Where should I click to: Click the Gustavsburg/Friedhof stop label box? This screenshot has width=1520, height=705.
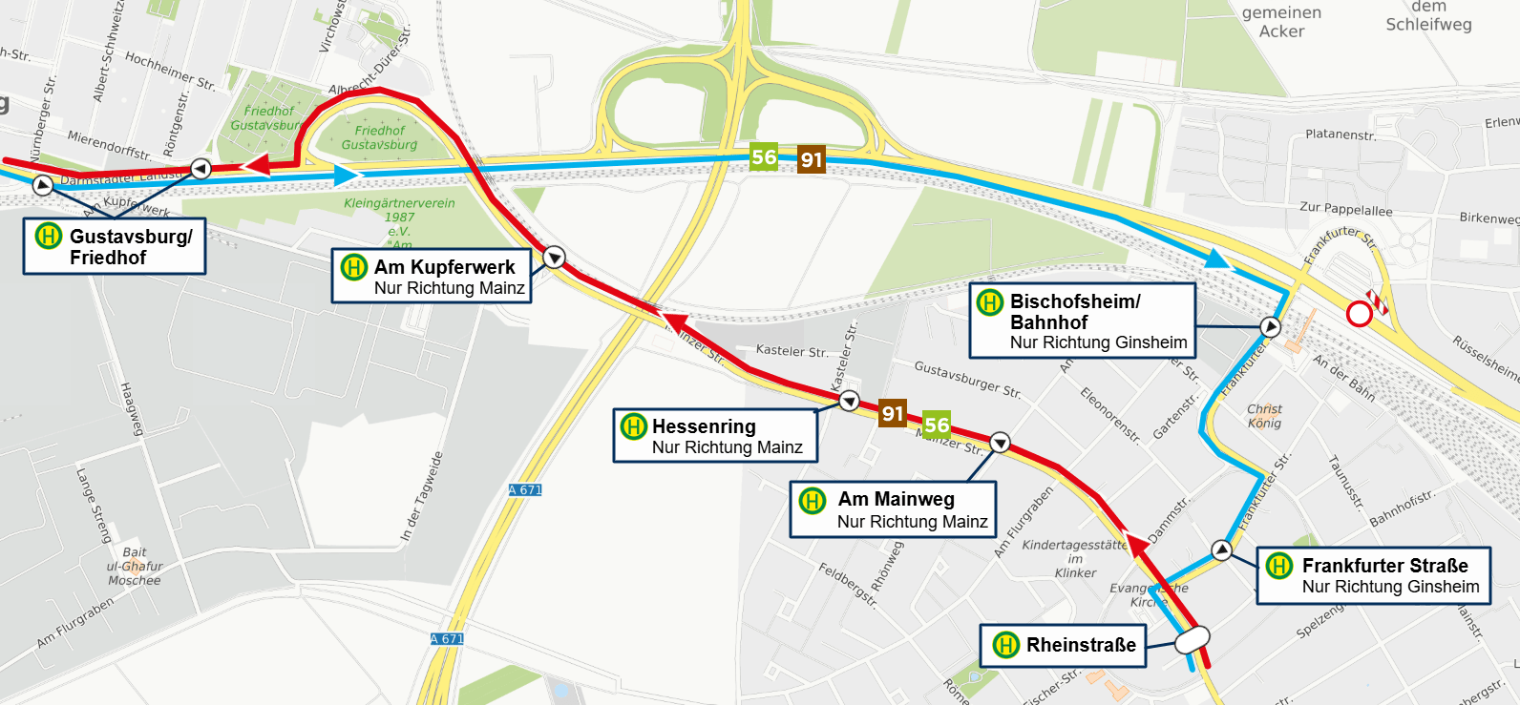[115, 247]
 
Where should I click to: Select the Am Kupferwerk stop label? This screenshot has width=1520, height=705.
[432, 277]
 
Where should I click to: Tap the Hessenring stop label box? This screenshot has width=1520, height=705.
[715, 436]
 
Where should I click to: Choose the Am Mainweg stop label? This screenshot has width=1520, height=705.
[893, 510]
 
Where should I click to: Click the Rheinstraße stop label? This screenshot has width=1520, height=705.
[1063, 646]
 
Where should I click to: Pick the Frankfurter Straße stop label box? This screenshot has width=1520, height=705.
[1373, 575]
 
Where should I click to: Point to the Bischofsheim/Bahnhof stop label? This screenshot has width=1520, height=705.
[1083, 321]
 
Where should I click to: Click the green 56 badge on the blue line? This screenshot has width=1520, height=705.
[764, 157]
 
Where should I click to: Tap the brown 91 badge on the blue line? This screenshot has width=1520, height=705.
[812, 159]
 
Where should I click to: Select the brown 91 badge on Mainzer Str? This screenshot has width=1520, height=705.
[893, 413]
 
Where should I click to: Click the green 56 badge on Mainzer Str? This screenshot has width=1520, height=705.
[937, 425]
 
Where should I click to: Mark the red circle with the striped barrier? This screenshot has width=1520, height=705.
[1360, 314]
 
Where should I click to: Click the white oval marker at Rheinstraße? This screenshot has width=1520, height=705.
[1193, 639]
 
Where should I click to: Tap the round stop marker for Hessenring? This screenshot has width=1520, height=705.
[849, 402]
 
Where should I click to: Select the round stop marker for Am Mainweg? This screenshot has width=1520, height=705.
[1000, 443]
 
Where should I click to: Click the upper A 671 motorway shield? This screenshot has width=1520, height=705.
[525, 490]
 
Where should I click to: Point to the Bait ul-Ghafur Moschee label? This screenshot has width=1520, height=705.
[135, 566]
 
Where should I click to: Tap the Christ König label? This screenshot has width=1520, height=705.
[1264, 416]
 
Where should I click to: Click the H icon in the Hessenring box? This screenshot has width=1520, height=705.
[634, 426]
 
